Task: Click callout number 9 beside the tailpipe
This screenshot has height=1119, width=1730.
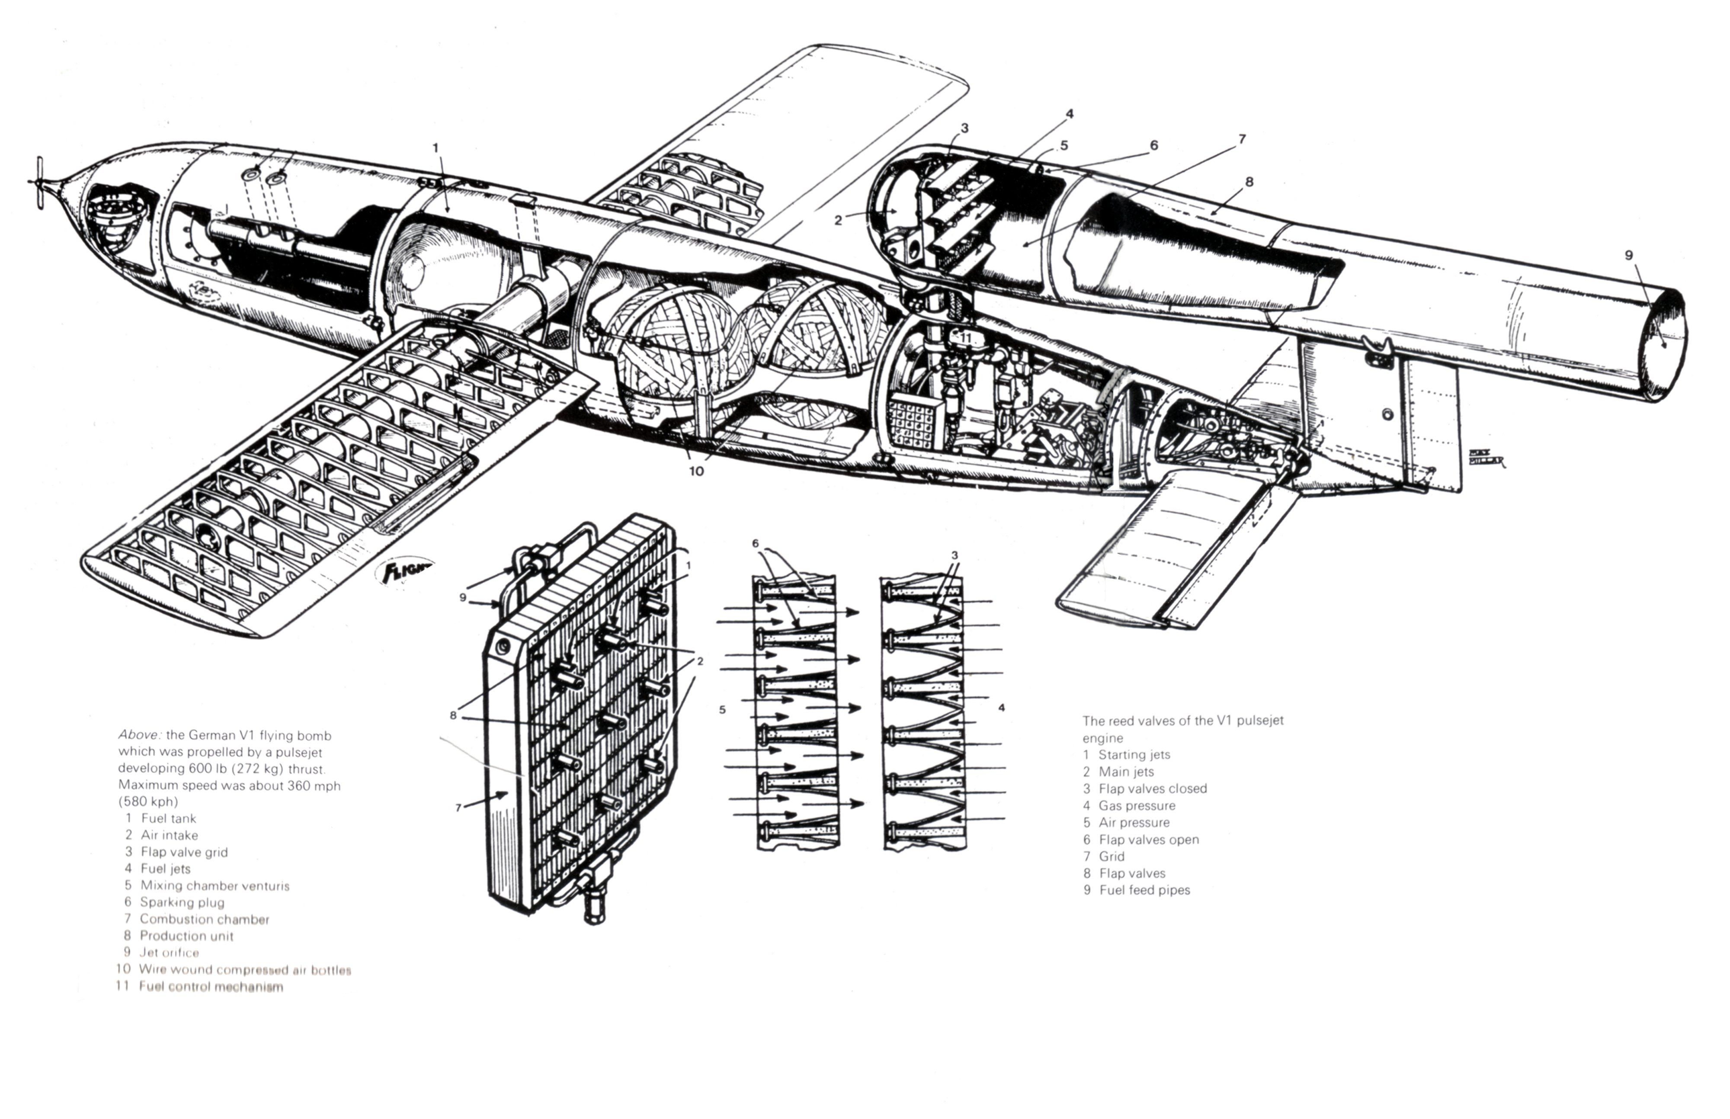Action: pos(1629,255)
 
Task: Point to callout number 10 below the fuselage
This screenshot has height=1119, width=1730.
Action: pos(696,471)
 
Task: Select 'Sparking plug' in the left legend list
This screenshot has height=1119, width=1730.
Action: pos(182,902)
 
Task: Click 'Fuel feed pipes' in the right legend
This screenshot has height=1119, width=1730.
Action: pos(1144,890)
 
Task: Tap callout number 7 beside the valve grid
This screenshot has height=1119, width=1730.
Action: pos(458,807)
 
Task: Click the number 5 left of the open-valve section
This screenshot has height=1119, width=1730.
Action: pos(722,710)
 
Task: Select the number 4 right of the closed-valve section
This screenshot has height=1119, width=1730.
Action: pos(1001,707)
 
